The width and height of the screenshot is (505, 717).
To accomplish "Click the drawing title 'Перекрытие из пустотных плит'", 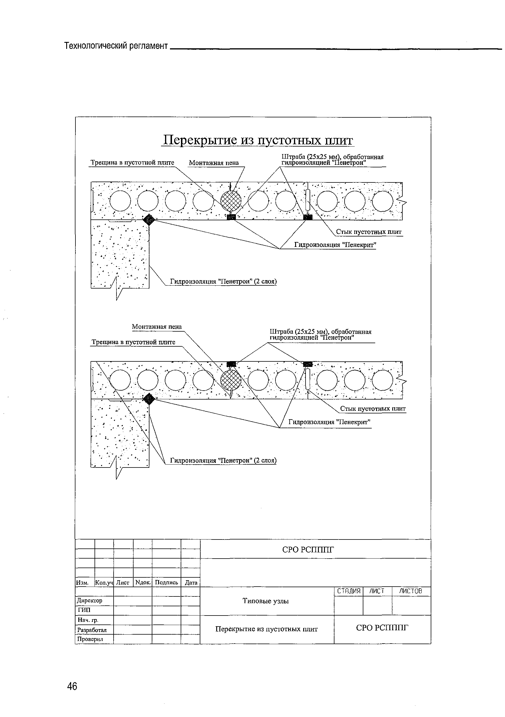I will (x=258, y=140).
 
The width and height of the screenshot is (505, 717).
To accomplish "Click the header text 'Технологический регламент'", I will (x=116, y=46).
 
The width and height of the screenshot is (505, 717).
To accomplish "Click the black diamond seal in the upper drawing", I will (x=149, y=219).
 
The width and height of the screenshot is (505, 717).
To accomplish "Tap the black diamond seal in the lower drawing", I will (x=149, y=398).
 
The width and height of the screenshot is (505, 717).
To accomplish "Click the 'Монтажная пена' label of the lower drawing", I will (x=156, y=327).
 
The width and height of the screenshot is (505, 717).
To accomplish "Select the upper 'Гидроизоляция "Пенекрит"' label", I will (x=335, y=245).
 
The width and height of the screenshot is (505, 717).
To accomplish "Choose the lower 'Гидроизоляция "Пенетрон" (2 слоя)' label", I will (x=223, y=460).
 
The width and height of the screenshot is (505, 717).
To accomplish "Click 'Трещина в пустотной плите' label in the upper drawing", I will (x=132, y=163).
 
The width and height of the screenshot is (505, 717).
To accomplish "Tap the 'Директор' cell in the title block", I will (x=90, y=600).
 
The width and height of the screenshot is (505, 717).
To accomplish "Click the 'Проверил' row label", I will (x=90, y=639).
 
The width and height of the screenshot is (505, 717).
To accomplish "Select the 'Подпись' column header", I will (x=166, y=582).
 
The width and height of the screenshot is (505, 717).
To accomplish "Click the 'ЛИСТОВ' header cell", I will (x=411, y=591).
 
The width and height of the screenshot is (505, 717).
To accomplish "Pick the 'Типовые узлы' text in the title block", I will (x=265, y=601).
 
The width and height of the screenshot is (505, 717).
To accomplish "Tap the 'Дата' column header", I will (x=191, y=582).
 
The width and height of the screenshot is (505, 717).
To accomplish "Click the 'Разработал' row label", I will (x=92, y=630).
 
